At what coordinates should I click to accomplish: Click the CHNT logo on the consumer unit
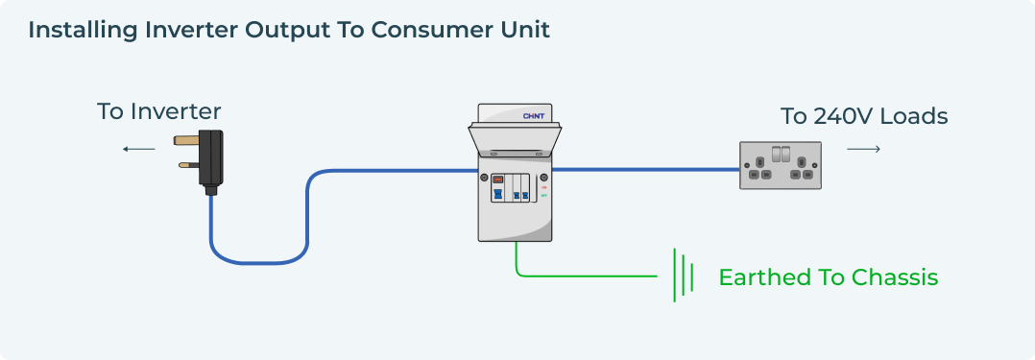tap(534, 116)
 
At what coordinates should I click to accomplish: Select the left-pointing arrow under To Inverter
tap(138, 149)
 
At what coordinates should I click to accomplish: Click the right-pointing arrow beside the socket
tap(863, 149)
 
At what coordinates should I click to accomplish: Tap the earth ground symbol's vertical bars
tap(683, 276)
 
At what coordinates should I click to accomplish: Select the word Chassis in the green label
tap(893, 277)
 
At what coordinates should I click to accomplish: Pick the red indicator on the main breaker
tap(497, 179)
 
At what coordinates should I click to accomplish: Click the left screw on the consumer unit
tap(484, 179)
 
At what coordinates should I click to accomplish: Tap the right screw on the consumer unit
tap(544, 179)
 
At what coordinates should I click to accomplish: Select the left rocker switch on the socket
tap(775, 154)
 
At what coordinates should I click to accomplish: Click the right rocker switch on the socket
tap(786, 154)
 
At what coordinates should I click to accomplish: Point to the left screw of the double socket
tap(746, 165)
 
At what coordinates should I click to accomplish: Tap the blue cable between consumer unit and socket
tap(643, 170)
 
